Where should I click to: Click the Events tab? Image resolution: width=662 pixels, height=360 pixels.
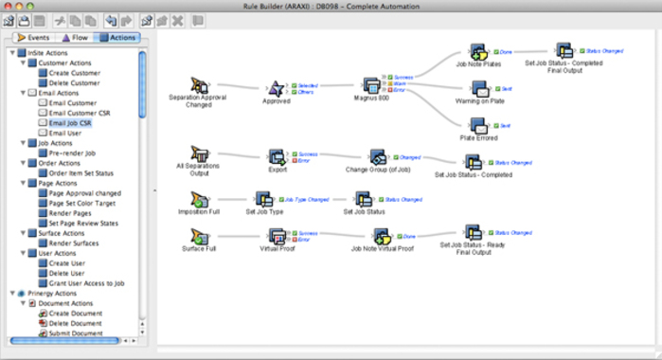tap(34, 38)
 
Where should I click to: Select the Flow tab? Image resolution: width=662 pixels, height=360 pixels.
tap(77, 38)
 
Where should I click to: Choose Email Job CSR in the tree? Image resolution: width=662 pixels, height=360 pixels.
tap(71, 123)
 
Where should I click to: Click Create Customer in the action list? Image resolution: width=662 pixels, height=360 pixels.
tap(74, 73)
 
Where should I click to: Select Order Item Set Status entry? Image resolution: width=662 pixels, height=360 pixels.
tap(81, 172)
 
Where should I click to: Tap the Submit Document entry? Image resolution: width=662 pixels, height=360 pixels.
tap(76, 333)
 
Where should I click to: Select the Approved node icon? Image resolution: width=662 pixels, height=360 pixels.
tap(277, 88)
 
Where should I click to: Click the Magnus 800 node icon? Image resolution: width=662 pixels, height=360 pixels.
tap(372, 88)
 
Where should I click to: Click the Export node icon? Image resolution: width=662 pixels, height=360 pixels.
tap(277, 155)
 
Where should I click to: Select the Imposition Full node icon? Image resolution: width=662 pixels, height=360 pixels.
tap(200, 199)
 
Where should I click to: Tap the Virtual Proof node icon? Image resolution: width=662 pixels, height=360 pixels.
tap(277, 236)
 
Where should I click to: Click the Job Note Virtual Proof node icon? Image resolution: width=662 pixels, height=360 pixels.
tap(383, 236)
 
